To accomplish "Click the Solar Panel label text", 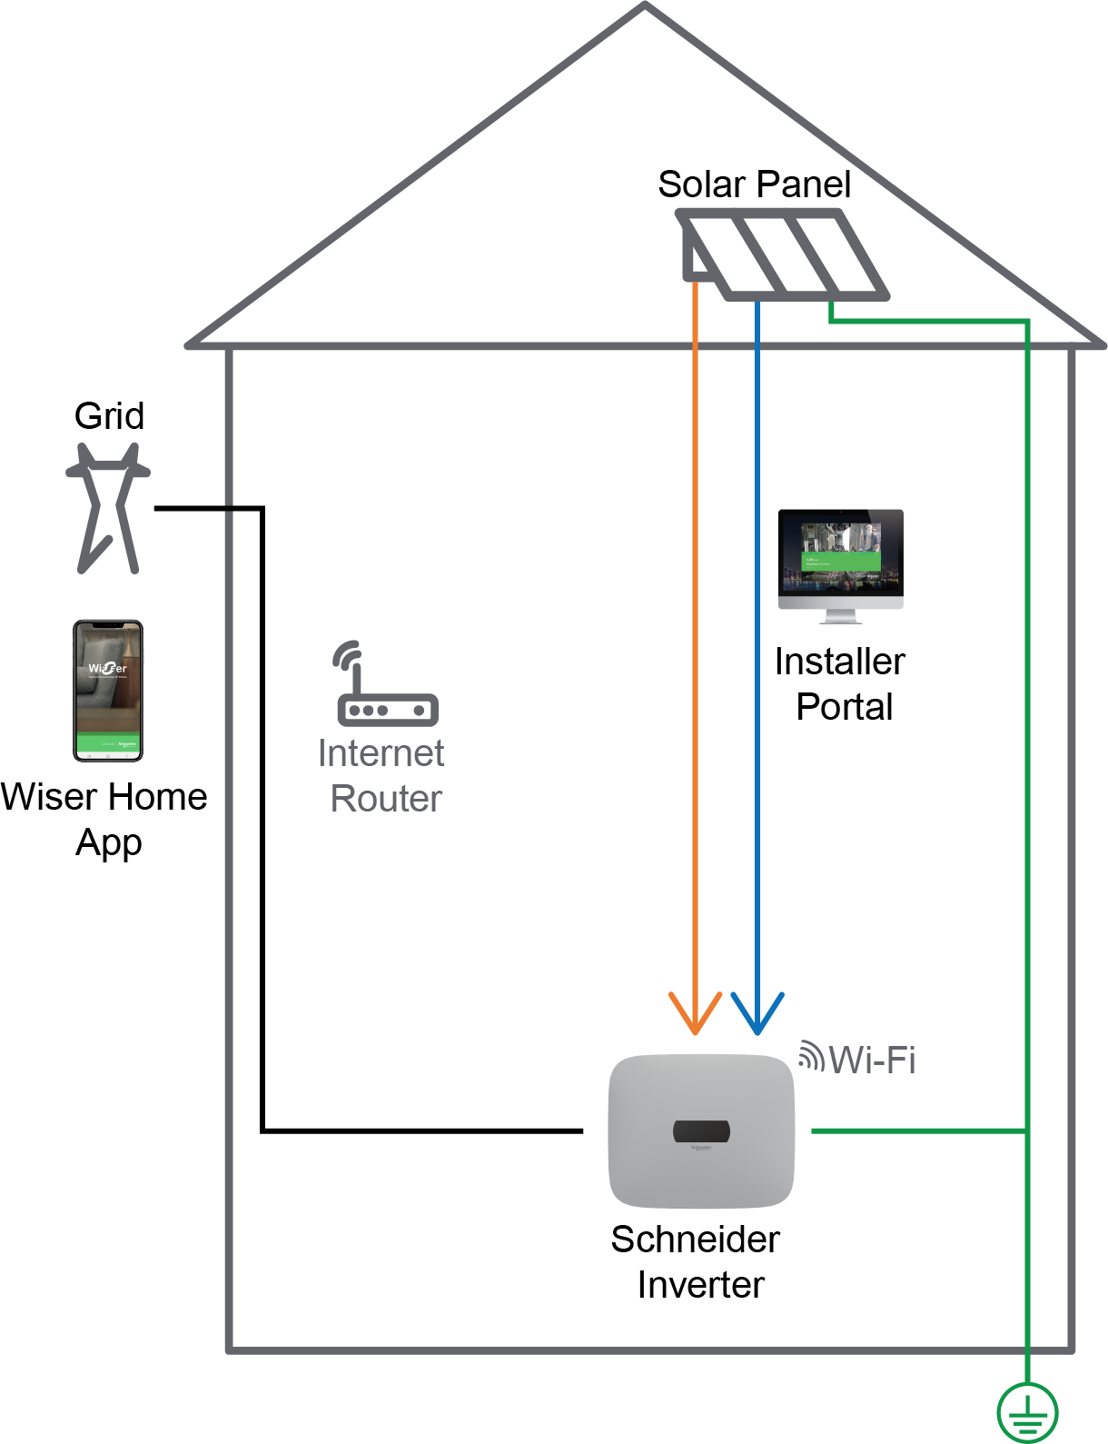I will (754, 184).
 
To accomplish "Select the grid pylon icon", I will (108, 507).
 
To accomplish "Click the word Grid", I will (109, 416).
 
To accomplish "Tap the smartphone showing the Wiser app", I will (108, 691).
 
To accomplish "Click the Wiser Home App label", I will (105, 819).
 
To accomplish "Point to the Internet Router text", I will (382, 776).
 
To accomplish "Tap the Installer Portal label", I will (841, 684).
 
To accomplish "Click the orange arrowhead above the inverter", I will (695, 1013).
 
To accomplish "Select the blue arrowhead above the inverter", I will (757, 1013).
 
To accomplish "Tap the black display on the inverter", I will (701, 1131).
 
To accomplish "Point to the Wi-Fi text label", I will (872, 1061).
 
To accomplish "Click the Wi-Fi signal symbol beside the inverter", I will (810, 1056).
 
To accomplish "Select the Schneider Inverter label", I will (697, 1262).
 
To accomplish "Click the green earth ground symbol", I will (1027, 1412).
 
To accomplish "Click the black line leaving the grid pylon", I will (209, 509).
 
